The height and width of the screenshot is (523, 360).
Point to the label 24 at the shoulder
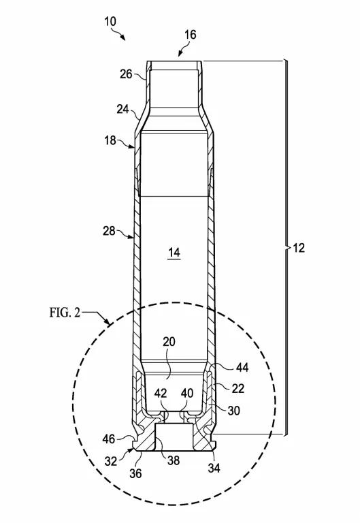coord(122,108)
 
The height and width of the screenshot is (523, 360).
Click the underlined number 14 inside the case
coord(174,253)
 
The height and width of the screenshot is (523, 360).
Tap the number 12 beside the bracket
coord(298,248)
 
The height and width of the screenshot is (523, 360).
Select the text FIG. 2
coord(65,313)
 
